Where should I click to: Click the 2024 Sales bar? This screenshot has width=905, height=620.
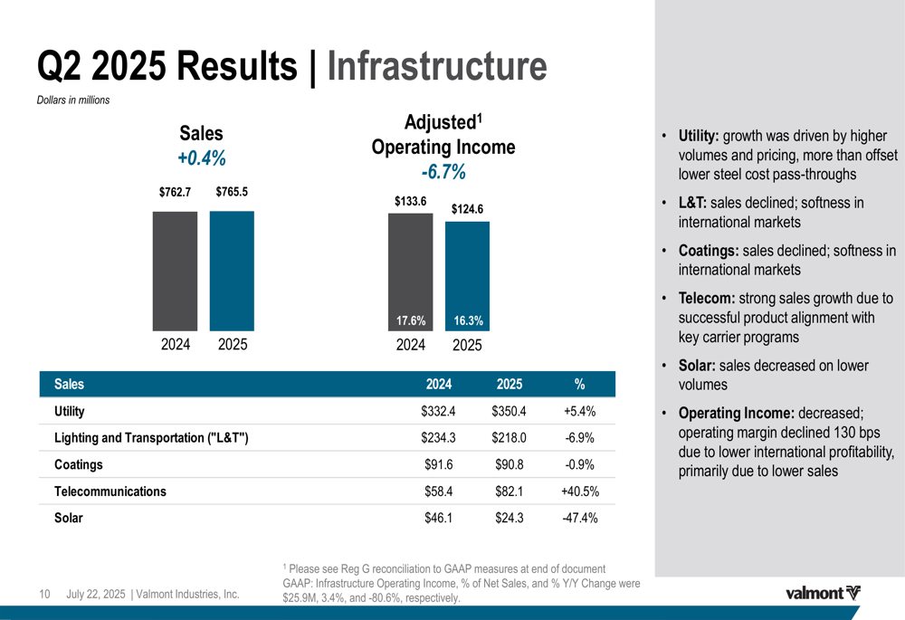[175, 271]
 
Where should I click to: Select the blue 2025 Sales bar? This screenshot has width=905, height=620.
[232, 271]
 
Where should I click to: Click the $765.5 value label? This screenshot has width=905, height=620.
[232, 192]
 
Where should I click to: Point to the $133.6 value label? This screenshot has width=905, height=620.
[410, 201]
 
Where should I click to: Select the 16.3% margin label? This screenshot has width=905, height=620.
[468, 320]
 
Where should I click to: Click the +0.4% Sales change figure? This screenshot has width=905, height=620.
[201, 158]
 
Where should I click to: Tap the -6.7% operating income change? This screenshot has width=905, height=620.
[443, 171]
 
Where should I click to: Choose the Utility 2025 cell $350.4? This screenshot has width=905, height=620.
[510, 412]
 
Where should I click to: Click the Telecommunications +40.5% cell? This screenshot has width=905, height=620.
[580, 491]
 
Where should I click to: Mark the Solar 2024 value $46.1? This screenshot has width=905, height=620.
[438, 519]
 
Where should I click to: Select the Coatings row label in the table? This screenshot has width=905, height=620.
[79, 465]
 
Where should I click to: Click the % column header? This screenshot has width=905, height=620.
[579, 384]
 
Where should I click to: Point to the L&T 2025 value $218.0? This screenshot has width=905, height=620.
[510, 438]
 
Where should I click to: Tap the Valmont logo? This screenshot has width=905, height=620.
[822, 594]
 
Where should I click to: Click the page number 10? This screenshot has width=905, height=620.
[43, 595]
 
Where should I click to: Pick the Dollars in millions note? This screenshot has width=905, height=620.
[72, 100]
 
